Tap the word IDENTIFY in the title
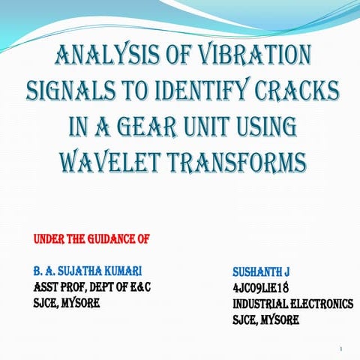(209, 91)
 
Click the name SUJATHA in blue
(84, 268)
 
